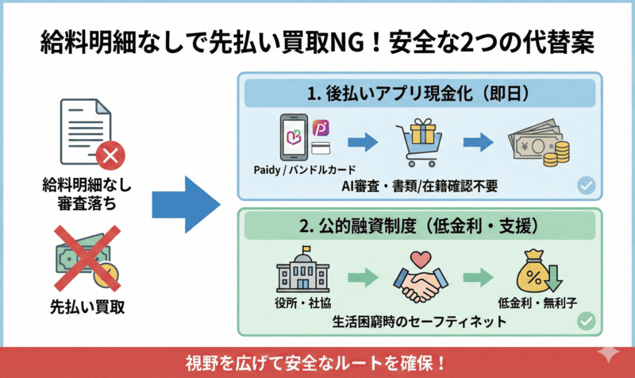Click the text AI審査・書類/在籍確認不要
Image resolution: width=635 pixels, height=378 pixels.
point(420,185)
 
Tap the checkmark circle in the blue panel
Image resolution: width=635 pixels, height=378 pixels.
point(587,185)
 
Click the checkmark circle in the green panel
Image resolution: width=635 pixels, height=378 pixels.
point(587,322)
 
